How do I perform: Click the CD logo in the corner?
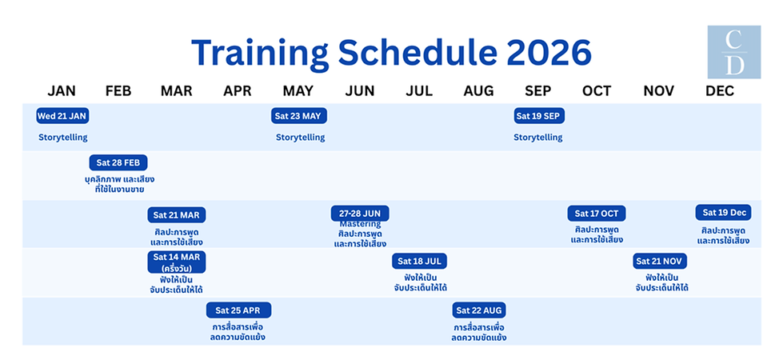pos(734,52)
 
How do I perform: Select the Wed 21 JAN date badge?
pos(62,116)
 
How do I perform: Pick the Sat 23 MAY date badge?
pos(298,116)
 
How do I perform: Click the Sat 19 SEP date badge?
pos(539,116)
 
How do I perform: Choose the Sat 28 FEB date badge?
pos(118,163)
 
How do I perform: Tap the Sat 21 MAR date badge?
pos(177,214)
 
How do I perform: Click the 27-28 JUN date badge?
pos(360,214)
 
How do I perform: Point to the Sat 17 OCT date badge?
pos(597,214)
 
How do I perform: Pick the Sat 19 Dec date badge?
pos(724,213)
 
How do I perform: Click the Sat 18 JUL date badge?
pos(420,262)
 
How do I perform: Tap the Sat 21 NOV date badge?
pos(660,262)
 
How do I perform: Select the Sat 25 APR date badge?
pos(238,310)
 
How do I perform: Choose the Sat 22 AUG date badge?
pos(480,310)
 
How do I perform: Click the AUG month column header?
pos(478,90)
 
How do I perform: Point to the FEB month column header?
pos(118,90)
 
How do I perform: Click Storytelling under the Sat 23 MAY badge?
pos(301,138)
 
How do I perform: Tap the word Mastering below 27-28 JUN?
pos(360,225)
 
